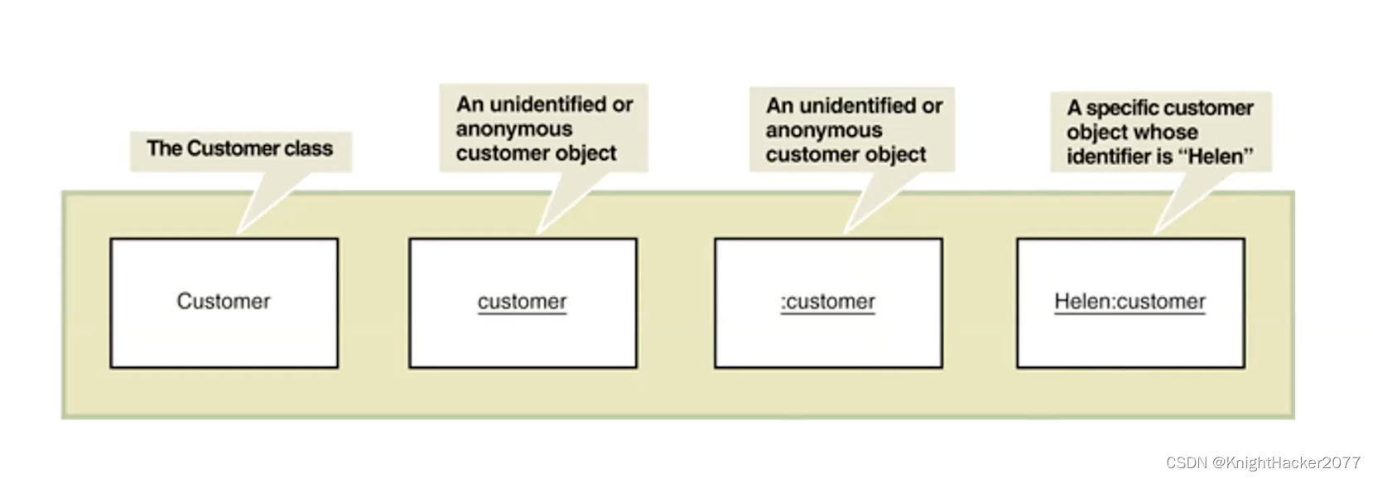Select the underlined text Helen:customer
tap(1130, 302)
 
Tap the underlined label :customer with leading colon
tap(827, 302)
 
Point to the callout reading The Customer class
tap(240, 149)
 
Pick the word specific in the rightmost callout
tap(1123, 109)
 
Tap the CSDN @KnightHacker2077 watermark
tap(1263, 462)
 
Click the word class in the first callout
tap(308, 149)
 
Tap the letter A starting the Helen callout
tap(1074, 109)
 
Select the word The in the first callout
tap(163, 149)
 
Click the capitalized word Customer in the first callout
tap(221, 149)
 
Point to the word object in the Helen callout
tap(1094, 133)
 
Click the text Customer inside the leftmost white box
tap(224, 302)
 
